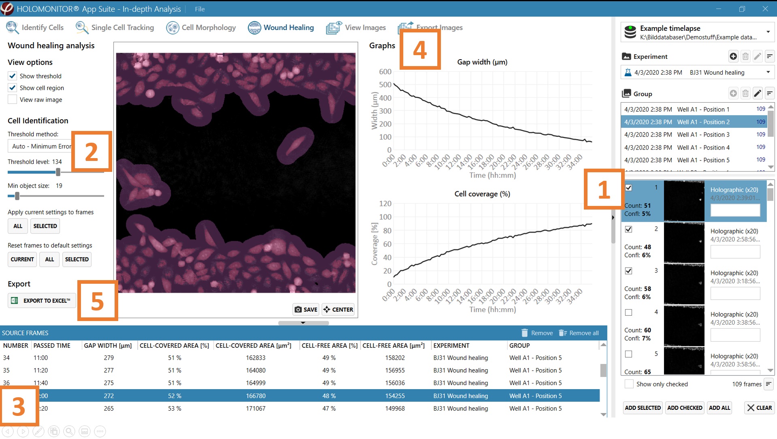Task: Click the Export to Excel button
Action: pyautogui.click(x=42, y=300)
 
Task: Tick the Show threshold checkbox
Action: pyautogui.click(x=13, y=76)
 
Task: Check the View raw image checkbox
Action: pyautogui.click(x=13, y=100)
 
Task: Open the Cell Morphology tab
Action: pyautogui.click(x=201, y=28)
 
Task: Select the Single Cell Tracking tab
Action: pyautogui.click(x=115, y=28)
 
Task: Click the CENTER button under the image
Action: pyautogui.click(x=338, y=309)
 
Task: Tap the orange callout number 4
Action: pyautogui.click(x=420, y=50)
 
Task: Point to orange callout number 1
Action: pyautogui.click(x=603, y=189)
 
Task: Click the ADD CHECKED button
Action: pyautogui.click(x=685, y=408)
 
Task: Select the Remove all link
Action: pyautogui.click(x=579, y=333)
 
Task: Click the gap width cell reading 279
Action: pyautogui.click(x=109, y=358)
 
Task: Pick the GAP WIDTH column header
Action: pyautogui.click(x=108, y=346)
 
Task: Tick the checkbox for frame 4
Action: pyautogui.click(x=628, y=313)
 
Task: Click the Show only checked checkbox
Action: pyautogui.click(x=629, y=384)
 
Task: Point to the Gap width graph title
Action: pyautogui.click(x=482, y=62)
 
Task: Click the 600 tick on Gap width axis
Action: pyautogui.click(x=385, y=72)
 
